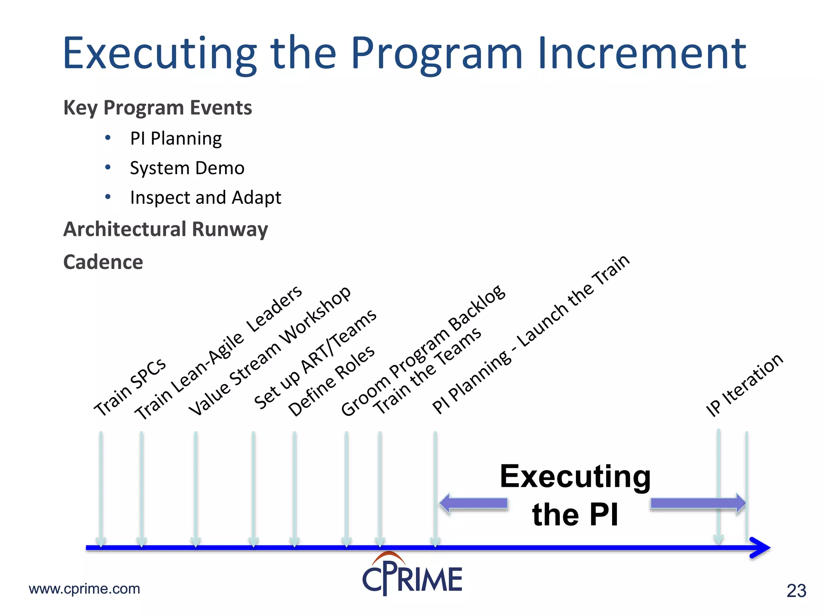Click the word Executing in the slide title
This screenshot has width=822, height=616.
click(x=160, y=54)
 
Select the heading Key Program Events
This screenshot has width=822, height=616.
click(x=158, y=108)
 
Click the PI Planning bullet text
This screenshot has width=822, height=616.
click(x=176, y=139)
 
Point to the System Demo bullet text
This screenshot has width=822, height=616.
click(x=187, y=168)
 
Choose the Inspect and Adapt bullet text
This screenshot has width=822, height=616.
click(x=205, y=198)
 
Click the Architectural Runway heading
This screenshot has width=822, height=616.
click(x=165, y=229)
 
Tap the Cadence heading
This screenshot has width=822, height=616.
click(x=103, y=262)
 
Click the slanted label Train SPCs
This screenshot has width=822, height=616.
click(x=130, y=387)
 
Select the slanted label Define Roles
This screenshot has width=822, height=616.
click(x=332, y=381)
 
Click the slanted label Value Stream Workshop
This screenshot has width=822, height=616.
click(x=270, y=351)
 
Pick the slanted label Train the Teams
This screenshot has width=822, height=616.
click(x=427, y=371)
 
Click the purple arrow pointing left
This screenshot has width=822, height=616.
click(x=474, y=503)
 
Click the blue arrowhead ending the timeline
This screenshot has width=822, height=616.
click(x=760, y=547)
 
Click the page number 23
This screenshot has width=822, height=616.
click(x=796, y=591)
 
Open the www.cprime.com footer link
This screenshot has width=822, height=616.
click(x=85, y=589)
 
